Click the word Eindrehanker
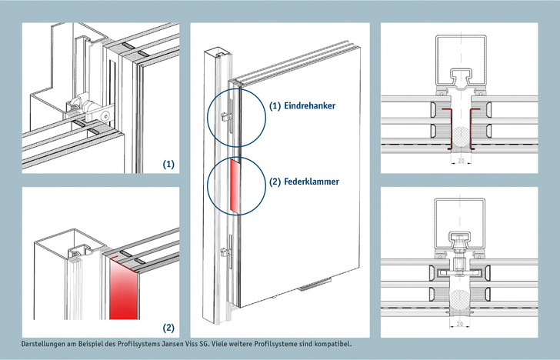coord(310,105)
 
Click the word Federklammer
coord(312,182)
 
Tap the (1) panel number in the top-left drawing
coord(168,165)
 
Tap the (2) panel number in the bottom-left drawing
coord(168,328)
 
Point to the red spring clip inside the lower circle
coord(235,185)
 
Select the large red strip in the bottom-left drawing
coord(124,290)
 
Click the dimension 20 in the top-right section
coord(461,161)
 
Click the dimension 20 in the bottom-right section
coord(460,325)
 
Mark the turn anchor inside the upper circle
coord(225,116)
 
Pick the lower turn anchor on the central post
coord(225,252)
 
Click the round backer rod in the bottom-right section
coord(460,298)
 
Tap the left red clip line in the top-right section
coord(449,129)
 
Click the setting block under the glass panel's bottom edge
coord(315,285)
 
